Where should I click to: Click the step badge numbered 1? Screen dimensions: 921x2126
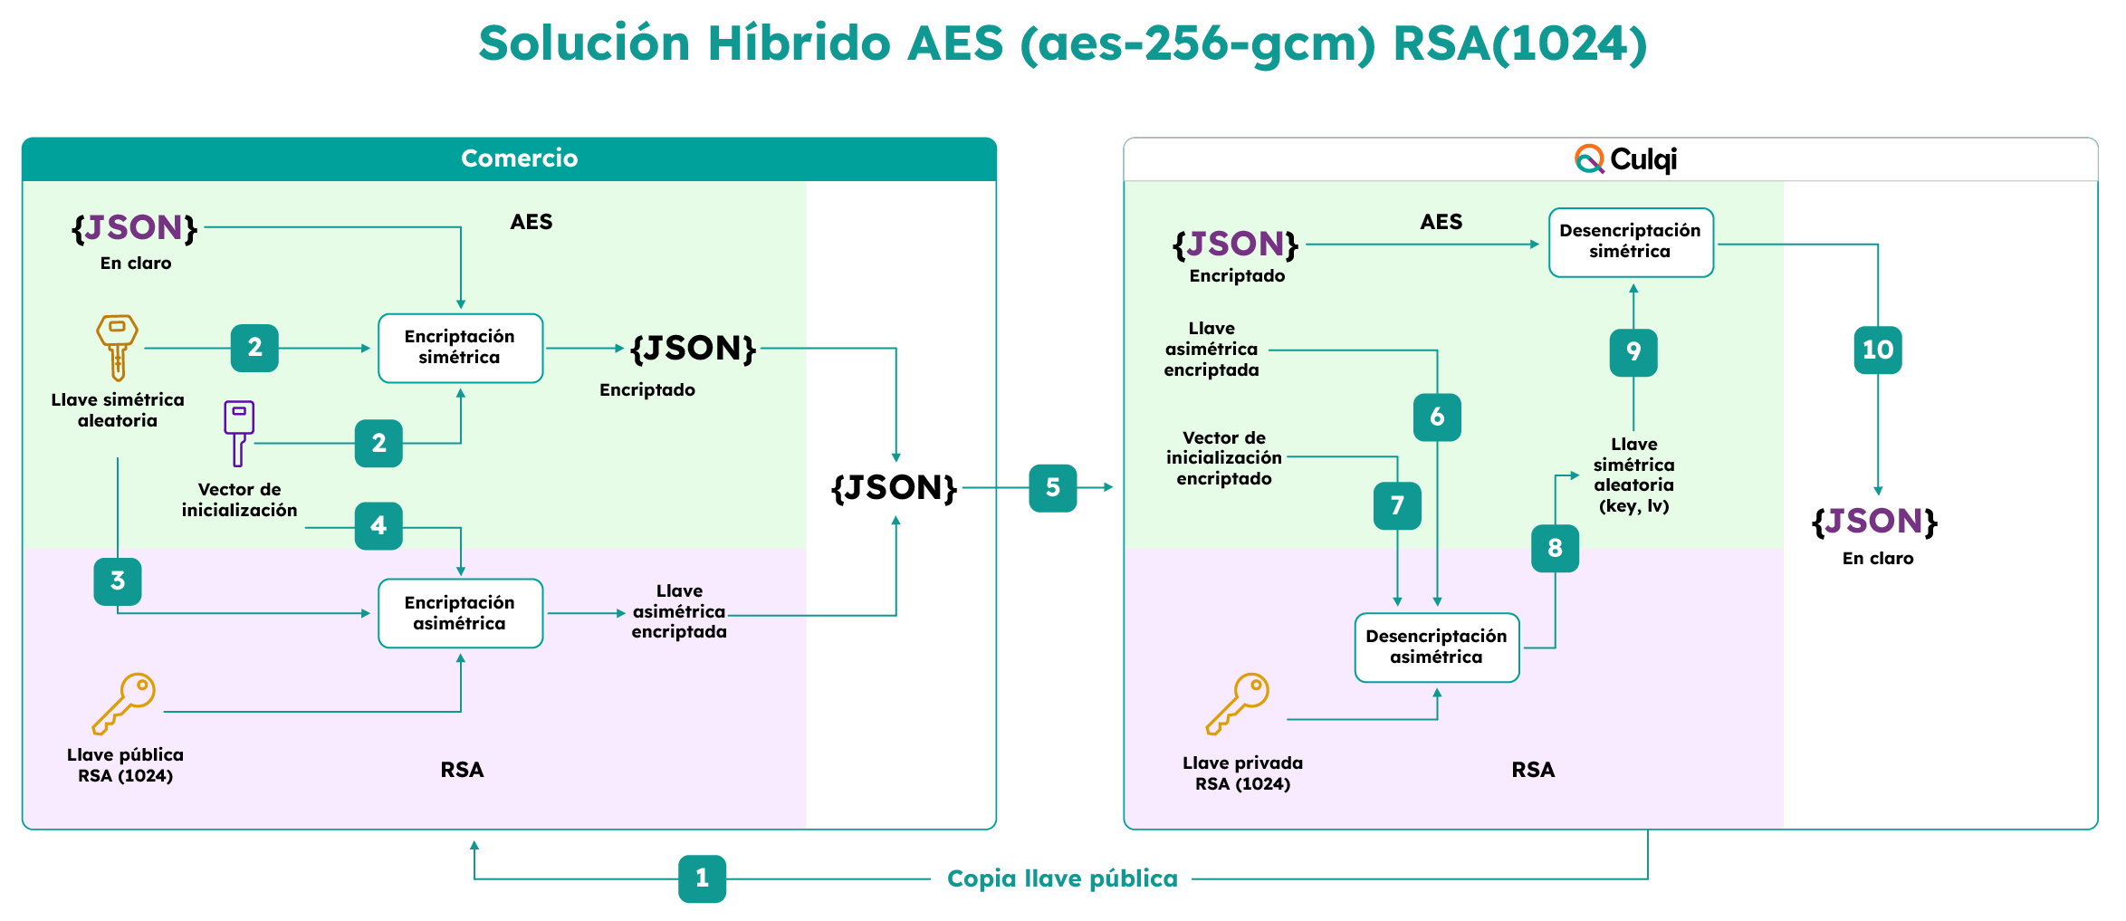702,878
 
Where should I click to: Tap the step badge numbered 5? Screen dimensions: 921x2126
1052,488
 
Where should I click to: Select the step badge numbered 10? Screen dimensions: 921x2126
1877,350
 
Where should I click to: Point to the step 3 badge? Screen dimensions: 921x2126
118,581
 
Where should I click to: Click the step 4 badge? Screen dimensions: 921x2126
378,526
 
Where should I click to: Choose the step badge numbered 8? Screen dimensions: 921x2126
1555,549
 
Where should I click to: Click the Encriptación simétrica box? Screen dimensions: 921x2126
460,348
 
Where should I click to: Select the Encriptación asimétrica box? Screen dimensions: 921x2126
460,613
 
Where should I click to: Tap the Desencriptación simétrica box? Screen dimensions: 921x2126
1630,242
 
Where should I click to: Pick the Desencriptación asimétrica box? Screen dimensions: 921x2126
1436,648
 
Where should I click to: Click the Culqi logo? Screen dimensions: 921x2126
1625,159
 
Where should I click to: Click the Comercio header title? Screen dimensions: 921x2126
519,158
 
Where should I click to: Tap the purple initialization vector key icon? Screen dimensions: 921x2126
238,432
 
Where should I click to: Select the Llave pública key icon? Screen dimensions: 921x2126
124,703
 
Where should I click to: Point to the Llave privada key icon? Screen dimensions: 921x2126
1238,703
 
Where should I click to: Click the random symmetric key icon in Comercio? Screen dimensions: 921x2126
117,347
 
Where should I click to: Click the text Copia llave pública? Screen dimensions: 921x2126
1061,878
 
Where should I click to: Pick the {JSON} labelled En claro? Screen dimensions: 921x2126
135,228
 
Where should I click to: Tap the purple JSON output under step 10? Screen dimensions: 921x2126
1872,522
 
